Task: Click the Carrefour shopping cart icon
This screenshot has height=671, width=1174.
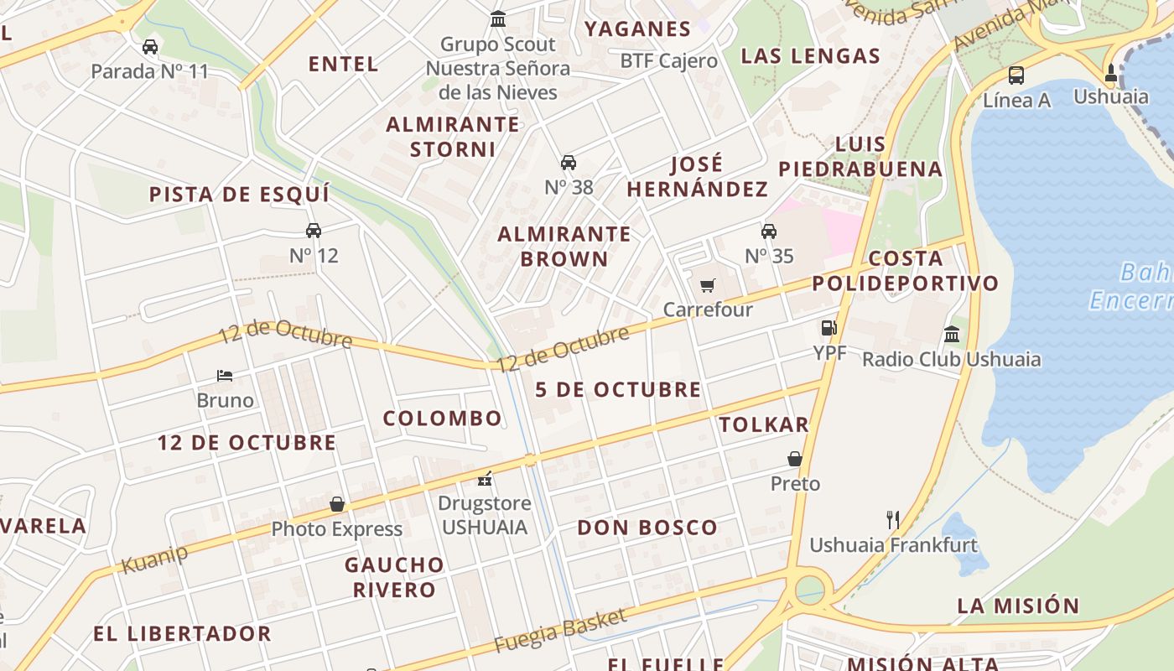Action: click(707, 286)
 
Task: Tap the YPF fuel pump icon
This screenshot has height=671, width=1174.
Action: click(829, 328)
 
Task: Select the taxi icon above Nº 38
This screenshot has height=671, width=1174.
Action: click(569, 163)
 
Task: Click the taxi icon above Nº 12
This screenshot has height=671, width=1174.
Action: click(314, 231)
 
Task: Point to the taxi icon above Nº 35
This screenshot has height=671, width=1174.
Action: click(768, 231)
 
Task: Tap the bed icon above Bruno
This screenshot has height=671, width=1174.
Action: click(224, 375)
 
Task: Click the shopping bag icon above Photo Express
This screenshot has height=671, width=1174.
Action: click(337, 504)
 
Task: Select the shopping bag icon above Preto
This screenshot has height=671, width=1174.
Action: click(795, 459)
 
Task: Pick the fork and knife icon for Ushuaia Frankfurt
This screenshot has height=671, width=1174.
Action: click(892, 520)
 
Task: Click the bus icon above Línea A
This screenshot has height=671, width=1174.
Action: click(1016, 75)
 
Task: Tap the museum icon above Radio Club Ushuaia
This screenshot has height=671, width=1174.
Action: click(952, 335)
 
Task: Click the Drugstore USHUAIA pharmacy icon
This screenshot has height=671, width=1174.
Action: click(485, 479)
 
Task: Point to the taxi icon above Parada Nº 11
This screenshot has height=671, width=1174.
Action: click(150, 47)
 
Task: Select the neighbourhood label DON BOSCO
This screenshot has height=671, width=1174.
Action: click(647, 528)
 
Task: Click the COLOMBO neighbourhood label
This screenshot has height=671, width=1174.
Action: click(442, 418)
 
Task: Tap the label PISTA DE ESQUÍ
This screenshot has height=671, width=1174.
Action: click(239, 195)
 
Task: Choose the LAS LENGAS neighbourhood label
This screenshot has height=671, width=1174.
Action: click(810, 56)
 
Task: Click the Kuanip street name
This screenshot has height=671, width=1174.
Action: click(154, 559)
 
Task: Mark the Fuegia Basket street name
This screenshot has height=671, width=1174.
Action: click(559, 632)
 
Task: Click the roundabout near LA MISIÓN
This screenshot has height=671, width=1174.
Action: click(809, 588)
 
